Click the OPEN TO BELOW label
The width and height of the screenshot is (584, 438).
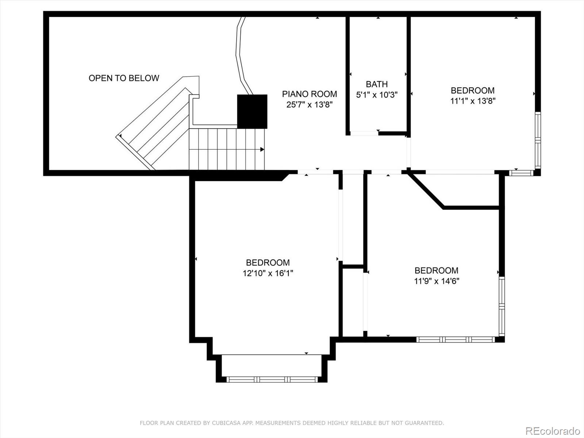(x=124, y=78)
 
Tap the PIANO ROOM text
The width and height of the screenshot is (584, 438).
(x=309, y=94)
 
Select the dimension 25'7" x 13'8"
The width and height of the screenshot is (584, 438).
(x=309, y=105)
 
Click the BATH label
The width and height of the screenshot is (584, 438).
(x=377, y=84)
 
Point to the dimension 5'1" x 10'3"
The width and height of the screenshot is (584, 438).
(x=377, y=95)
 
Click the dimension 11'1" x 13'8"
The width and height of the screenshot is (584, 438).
(x=472, y=101)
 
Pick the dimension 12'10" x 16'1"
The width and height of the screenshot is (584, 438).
(x=268, y=273)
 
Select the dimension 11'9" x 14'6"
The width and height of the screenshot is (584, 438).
(x=436, y=281)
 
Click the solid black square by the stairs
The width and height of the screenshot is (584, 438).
(x=252, y=111)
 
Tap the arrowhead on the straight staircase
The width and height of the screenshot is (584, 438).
(x=262, y=149)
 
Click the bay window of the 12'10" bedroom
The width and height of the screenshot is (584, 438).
(x=272, y=379)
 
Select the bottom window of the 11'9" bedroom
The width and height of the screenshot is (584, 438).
(x=456, y=339)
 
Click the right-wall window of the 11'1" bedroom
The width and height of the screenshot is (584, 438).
(x=538, y=140)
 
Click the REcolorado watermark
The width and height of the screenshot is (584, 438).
(x=553, y=431)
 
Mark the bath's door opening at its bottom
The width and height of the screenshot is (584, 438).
(x=364, y=133)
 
